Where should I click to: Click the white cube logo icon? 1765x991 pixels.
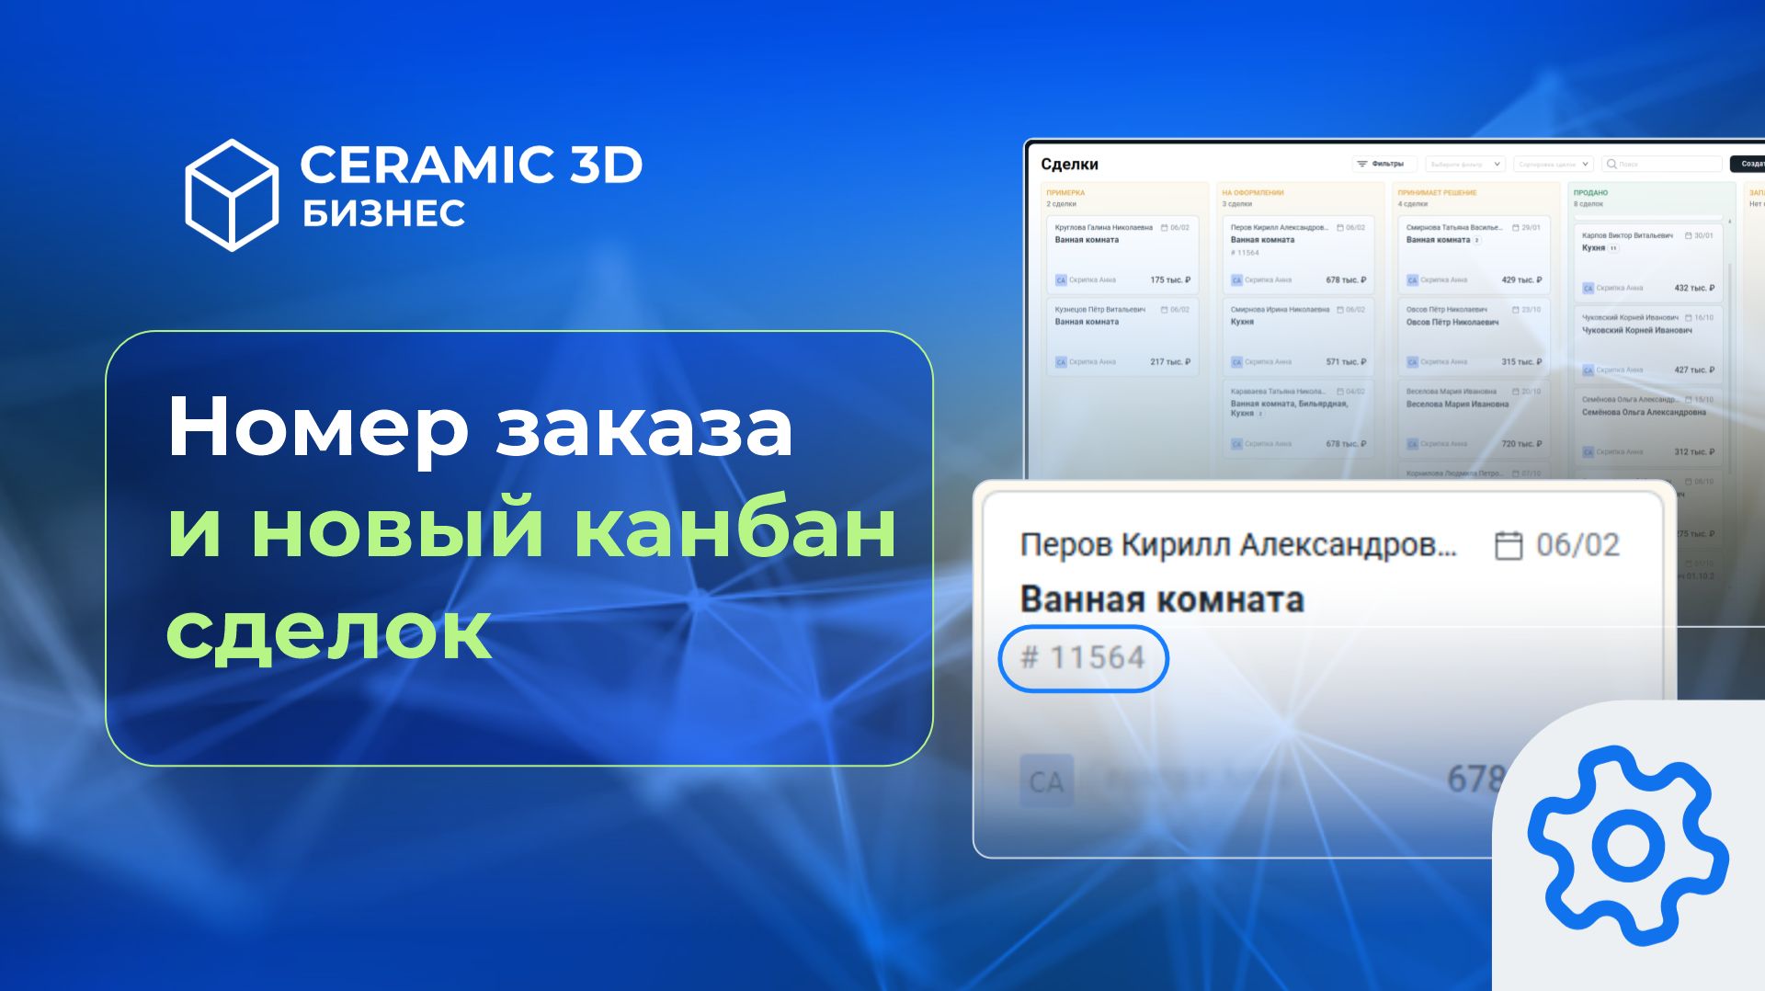(x=232, y=195)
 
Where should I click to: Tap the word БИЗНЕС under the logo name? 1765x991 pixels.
(x=383, y=213)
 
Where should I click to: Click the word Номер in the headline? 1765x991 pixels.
(x=317, y=427)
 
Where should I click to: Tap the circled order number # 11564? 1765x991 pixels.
(x=1083, y=658)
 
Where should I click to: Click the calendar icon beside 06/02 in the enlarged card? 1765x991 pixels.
(x=1508, y=545)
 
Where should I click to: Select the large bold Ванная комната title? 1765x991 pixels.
(x=1162, y=599)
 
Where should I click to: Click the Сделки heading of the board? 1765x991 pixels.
(x=1069, y=165)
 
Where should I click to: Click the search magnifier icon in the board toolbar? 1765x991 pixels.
(x=1611, y=165)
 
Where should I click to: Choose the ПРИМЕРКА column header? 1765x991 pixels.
(x=1065, y=193)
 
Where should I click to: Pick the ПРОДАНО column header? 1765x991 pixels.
(x=1590, y=193)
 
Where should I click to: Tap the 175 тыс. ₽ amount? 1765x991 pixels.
(x=1170, y=280)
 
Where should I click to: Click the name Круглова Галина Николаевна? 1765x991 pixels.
(x=1103, y=227)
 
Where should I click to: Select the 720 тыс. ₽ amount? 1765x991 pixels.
(x=1521, y=444)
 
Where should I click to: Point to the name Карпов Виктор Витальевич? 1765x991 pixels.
(x=1627, y=235)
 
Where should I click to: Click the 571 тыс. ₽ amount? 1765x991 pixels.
(x=1346, y=362)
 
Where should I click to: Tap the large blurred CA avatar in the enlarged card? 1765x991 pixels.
(x=1046, y=781)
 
